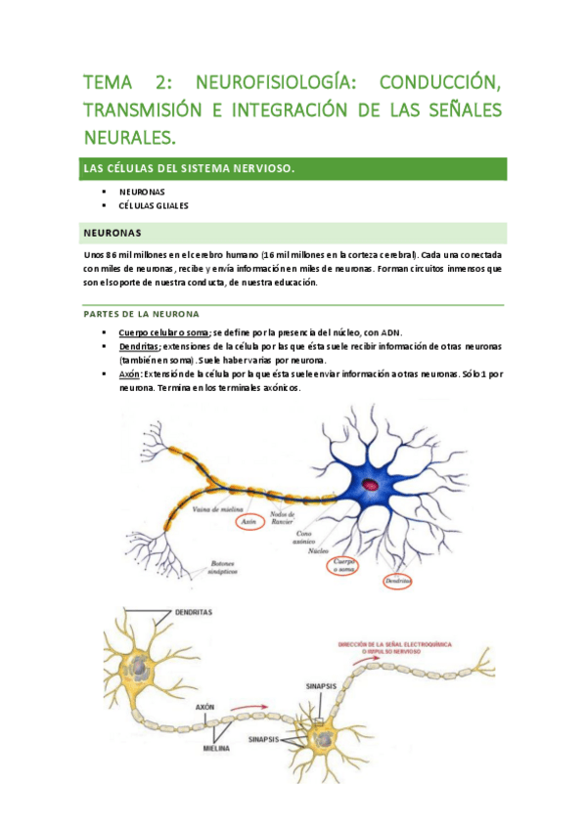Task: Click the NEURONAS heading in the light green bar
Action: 113,233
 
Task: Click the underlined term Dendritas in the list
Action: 139,347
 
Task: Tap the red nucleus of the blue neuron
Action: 372,483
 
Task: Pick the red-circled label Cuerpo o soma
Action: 342,565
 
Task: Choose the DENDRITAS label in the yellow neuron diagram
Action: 195,611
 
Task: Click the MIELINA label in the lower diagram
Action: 217,748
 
